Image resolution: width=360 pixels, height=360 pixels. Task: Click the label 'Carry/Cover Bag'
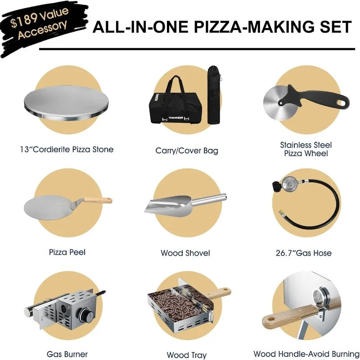point(187,151)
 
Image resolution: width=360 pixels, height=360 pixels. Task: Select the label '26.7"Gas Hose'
point(304,253)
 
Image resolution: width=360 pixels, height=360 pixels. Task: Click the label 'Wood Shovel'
point(185,253)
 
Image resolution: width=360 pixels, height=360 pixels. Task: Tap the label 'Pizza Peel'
point(67,252)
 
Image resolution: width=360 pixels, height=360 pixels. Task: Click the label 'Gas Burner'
point(67,354)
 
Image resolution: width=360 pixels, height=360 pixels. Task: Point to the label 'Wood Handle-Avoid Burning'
point(306,354)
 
